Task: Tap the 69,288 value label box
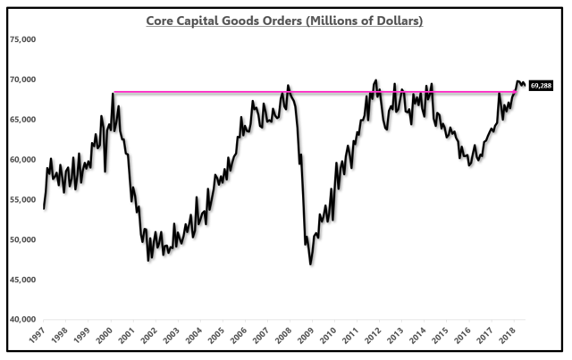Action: tap(542, 86)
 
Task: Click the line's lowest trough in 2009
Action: tap(311, 264)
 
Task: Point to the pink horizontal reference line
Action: tap(223, 92)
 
